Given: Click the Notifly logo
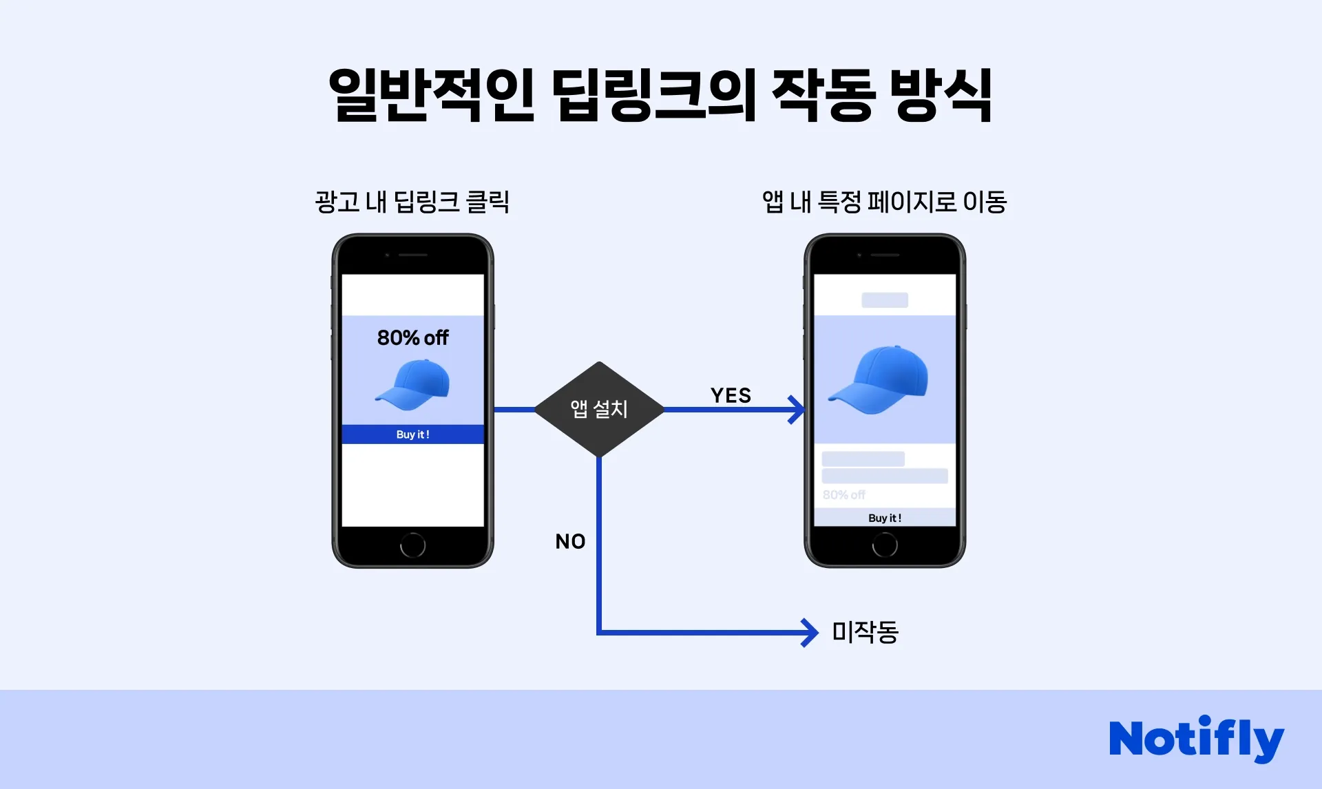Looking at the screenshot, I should tap(1196, 738).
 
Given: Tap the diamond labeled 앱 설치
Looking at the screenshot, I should tap(599, 409).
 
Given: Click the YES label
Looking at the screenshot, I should tap(731, 395).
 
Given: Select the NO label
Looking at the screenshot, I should tap(570, 541).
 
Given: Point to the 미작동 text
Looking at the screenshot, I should tap(865, 631).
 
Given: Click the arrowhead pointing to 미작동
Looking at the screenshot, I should tap(810, 632).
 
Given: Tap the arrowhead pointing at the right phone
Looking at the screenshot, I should tap(797, 410).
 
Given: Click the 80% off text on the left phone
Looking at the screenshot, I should tap(412, 337).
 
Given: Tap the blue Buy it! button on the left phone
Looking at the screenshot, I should tap(412, 434).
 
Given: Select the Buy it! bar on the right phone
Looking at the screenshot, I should tap(885, 518).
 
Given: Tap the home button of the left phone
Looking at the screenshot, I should tap(412, 545).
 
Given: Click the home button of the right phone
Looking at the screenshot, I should tap(885, 545).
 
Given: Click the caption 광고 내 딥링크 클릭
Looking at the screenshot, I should tap(412, 202).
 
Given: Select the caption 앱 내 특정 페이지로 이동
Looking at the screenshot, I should tap(884, 202).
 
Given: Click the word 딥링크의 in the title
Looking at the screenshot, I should tap(654, 95).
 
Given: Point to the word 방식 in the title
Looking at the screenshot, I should tap(941, 95).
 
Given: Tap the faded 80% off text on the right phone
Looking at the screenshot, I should tap(843, 494).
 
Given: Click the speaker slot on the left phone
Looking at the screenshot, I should tap(413, 255).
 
